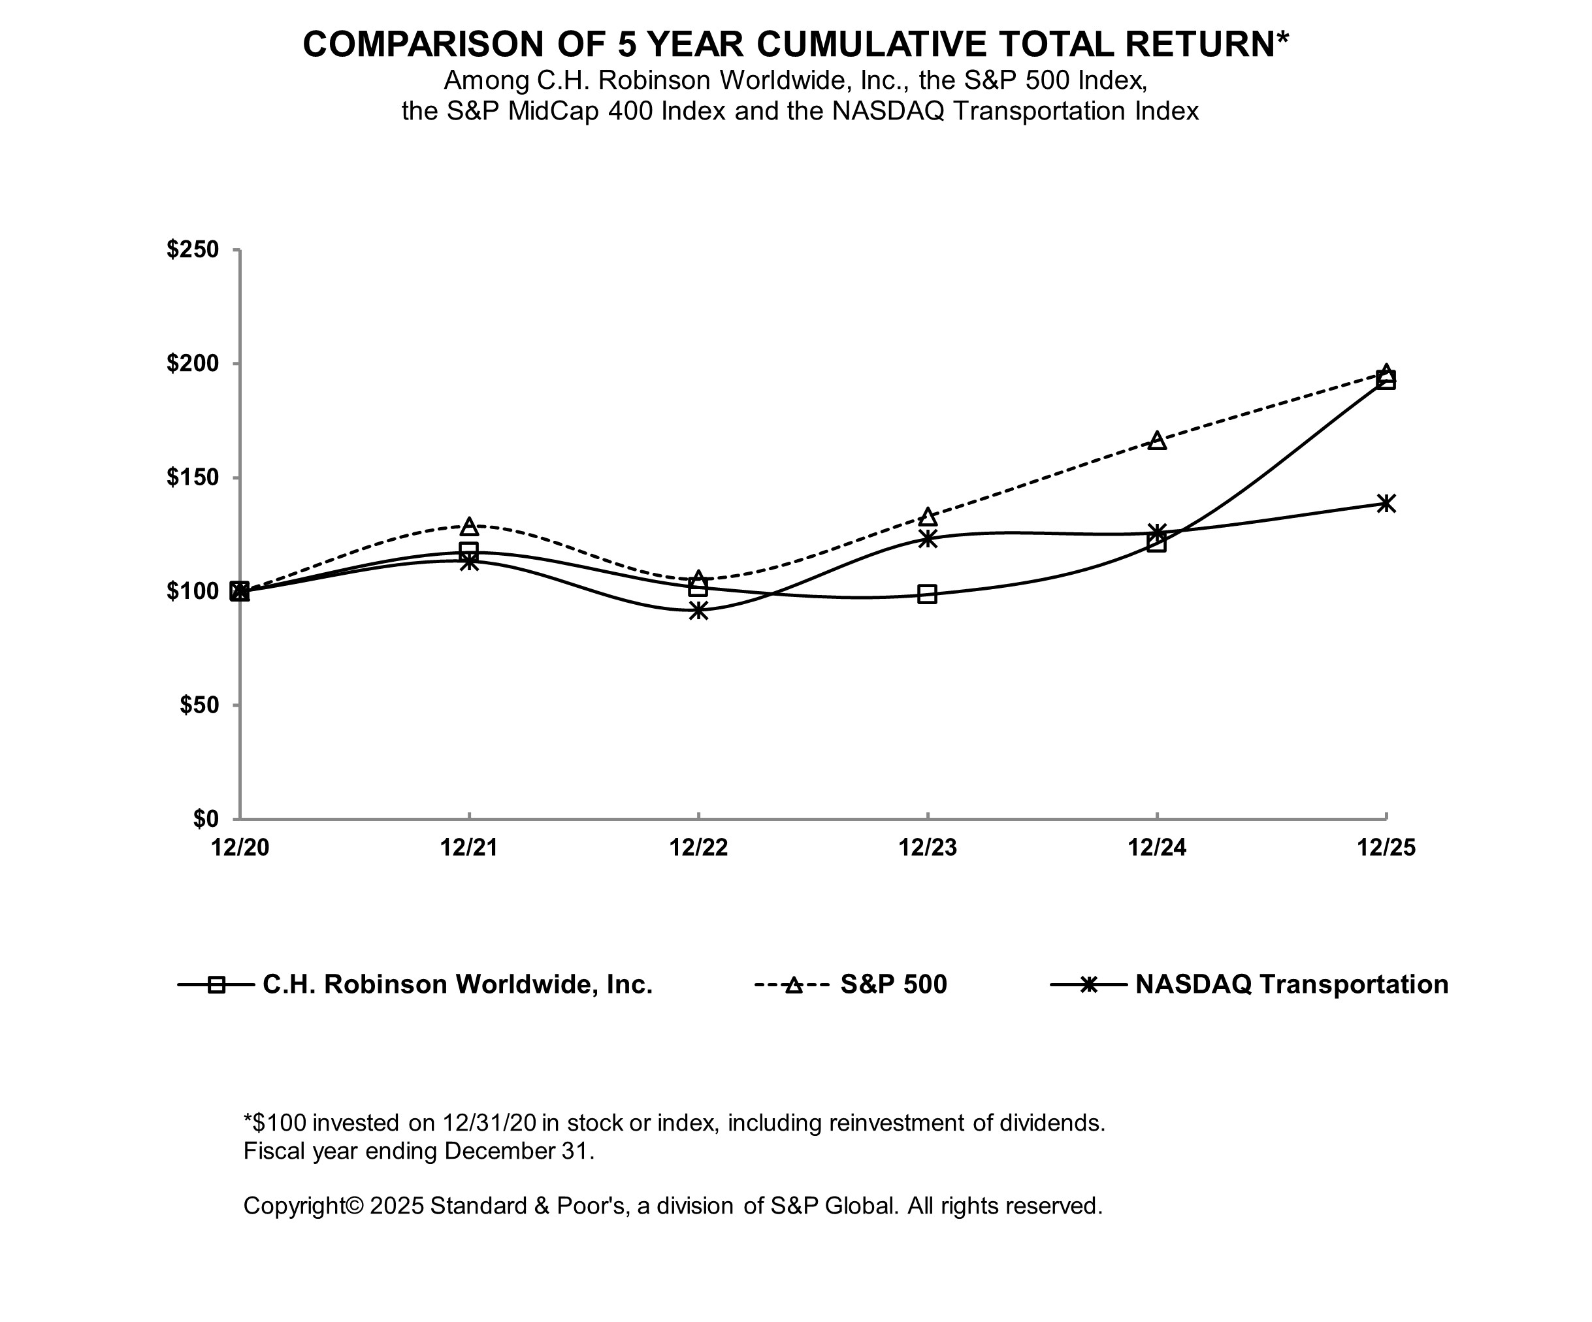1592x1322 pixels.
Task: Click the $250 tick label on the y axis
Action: click(193, 250)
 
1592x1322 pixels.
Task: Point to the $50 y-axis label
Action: click(199, 705)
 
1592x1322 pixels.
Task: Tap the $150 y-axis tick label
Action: click(193, 477)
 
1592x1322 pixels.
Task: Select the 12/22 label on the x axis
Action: click(698, 847)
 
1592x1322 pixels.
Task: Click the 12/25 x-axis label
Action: click(1386, 847)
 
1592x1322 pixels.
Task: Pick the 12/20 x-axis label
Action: click(240, 847)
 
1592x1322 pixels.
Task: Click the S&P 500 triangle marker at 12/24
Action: click(1157, 440)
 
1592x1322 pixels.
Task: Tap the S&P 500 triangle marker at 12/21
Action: click(469, 526)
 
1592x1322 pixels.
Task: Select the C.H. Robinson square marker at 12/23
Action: click(927, 594)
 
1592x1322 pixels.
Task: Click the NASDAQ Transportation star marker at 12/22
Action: click(698, 610)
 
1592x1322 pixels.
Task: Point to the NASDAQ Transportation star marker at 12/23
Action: click(927, 538)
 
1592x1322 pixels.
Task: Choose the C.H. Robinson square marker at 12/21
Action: click(469, 551)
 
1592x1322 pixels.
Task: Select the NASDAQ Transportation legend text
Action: click(1291, 984)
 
